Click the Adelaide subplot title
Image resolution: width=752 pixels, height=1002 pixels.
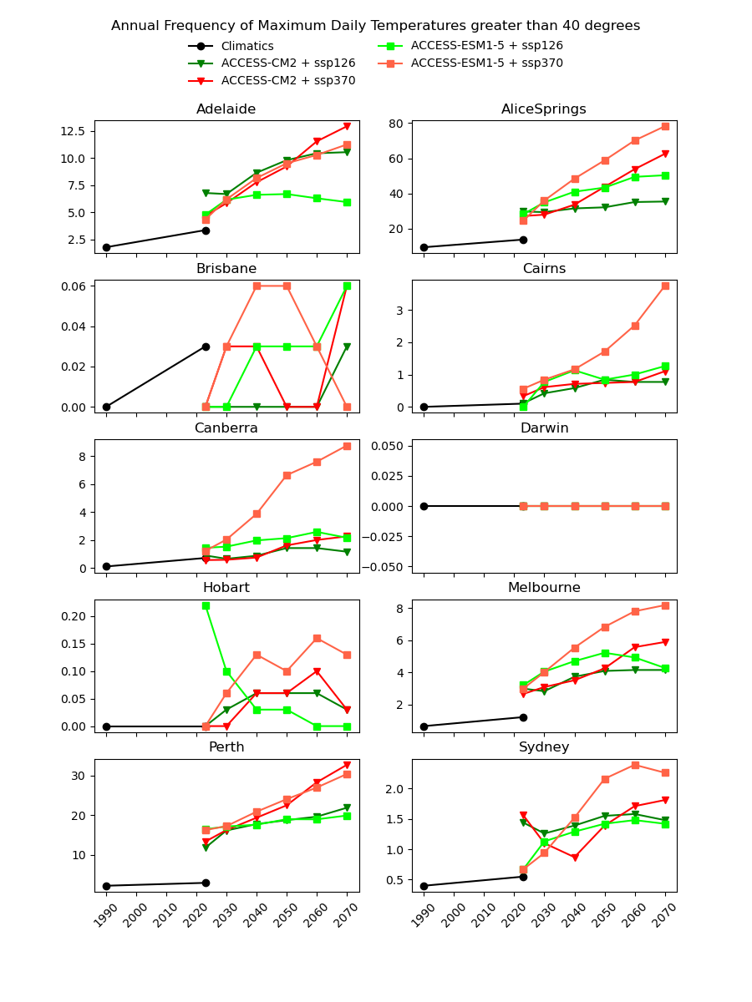coord(226,109)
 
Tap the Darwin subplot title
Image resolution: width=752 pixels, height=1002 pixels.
coord(544,428)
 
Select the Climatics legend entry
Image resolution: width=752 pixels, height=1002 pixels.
coord(247,46)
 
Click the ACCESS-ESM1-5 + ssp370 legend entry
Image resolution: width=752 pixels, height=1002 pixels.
coord(486,63)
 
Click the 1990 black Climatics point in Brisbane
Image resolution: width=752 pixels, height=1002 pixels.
coord(106,407)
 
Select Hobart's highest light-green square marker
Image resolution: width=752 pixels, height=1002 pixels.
coord(206,605)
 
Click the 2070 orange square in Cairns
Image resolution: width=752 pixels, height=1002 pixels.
coord(665,286)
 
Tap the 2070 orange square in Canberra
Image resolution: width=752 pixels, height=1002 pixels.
coord(347,446)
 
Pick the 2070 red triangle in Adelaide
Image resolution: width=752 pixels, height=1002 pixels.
coord(347,126)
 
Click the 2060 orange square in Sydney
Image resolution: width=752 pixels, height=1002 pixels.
coord(635,765)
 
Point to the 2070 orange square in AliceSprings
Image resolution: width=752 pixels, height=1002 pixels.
coord(665,126)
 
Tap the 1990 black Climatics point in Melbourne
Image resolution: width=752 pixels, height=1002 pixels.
coord(424,726)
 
